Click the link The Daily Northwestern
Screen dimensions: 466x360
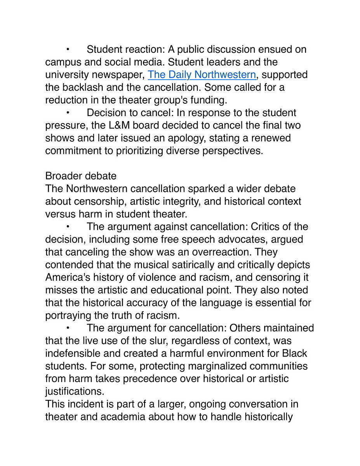pos(202,75)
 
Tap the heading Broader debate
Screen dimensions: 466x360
pos(81,176)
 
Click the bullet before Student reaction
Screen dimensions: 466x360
pos(67,49)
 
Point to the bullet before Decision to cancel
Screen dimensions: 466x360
pos(67,113)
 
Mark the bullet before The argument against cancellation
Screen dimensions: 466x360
pos(67,226)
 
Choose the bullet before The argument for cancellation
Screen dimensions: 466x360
pos(67,328)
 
